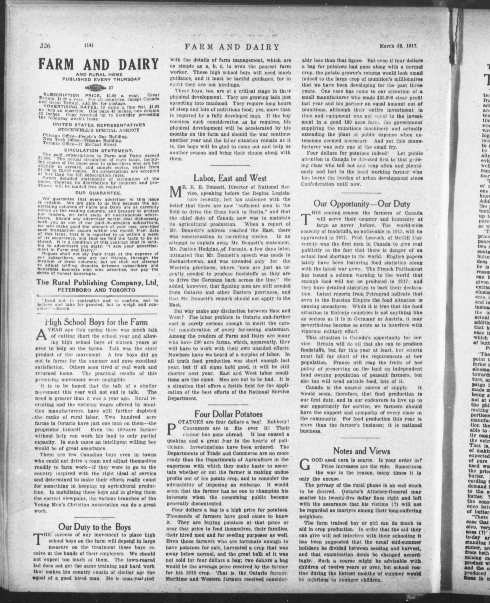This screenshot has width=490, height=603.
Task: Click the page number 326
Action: coord(45,45)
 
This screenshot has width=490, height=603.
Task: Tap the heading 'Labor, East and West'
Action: coord(230,178)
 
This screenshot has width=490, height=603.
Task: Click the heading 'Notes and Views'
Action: coord(361,451)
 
